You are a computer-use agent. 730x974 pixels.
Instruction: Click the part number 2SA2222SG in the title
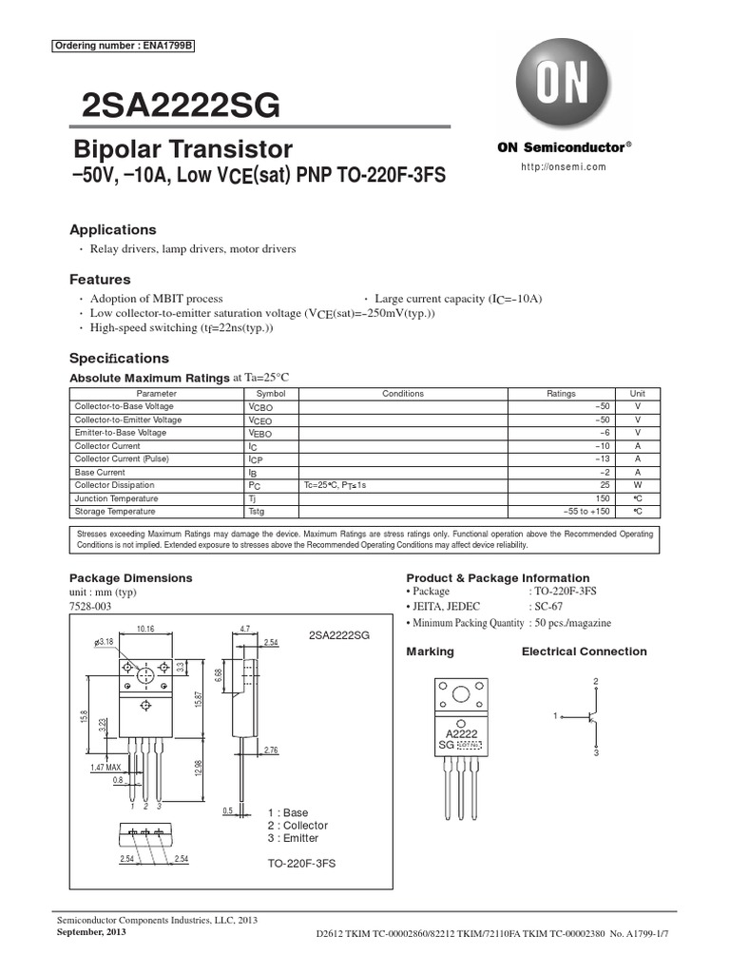point(176,107)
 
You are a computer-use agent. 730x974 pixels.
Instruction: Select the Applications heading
point(113,230)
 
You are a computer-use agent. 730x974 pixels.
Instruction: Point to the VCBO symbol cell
point(260,407)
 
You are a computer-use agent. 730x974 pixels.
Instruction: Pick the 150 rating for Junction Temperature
point(602,498)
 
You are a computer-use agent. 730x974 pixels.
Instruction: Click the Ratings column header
point(561,394)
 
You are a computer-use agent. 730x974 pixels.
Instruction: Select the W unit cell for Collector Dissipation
point(638,485)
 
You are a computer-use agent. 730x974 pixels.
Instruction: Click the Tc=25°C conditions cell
point(335,485)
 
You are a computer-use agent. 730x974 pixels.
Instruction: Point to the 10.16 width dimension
point(144,629)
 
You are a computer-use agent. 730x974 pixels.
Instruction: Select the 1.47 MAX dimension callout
point(106,768)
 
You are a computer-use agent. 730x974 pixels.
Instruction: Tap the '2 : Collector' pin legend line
point(298,826)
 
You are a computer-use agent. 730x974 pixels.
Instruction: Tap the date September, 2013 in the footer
point(91,932)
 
